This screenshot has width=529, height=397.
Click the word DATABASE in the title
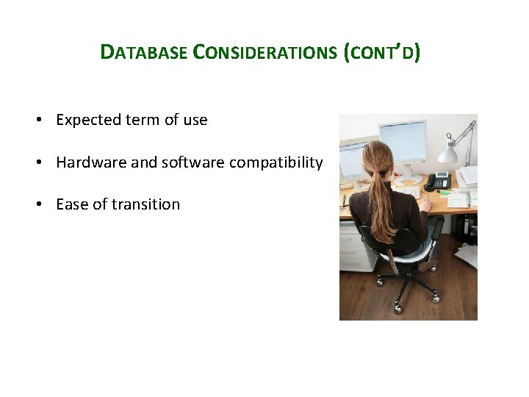pos(144,52)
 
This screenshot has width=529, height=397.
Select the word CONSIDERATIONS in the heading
pos(264,52)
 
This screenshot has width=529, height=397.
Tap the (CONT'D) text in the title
pos(381,52)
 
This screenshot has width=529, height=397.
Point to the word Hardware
pos(91,162)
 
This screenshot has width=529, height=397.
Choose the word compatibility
pos(276,163)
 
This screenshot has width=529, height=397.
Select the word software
pos(193,162)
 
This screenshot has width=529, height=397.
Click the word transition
pos(145,204)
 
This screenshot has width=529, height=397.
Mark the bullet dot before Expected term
pos(39,120)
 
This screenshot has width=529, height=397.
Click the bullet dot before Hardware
pos(39,162)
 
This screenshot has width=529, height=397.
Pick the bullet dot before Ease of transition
pos(39,204)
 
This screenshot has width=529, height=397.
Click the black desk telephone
pos(438,182)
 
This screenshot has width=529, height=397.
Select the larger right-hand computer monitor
pos(403,142)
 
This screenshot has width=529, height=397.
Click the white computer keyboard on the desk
pos(408,193)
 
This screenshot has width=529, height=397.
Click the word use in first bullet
pos(195,121)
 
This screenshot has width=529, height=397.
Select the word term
pos(143,120)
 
